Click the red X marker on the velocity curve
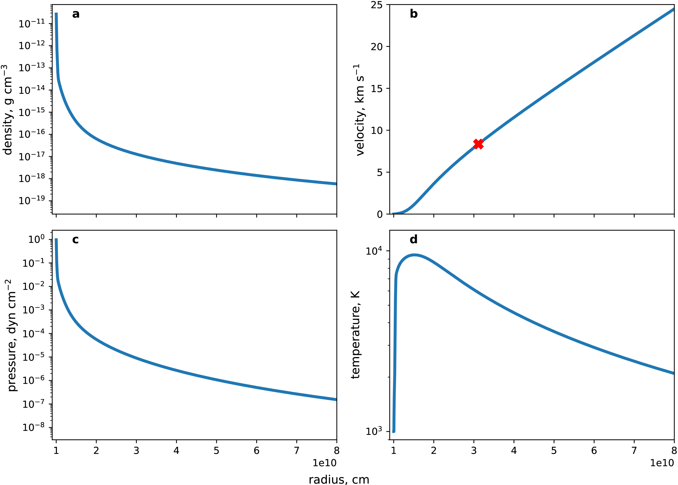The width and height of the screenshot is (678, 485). (478, 144)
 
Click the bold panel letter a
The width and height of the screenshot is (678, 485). (76, 14)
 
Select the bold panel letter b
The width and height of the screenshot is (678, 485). (413, 14)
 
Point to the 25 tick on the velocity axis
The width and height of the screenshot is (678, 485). (377, 5)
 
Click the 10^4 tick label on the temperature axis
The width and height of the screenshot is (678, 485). (373, 251)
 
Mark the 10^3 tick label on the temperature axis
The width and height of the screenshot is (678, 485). (373, 431)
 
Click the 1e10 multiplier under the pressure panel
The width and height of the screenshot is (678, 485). (325, 463)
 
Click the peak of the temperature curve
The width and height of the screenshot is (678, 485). (414, 255)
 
